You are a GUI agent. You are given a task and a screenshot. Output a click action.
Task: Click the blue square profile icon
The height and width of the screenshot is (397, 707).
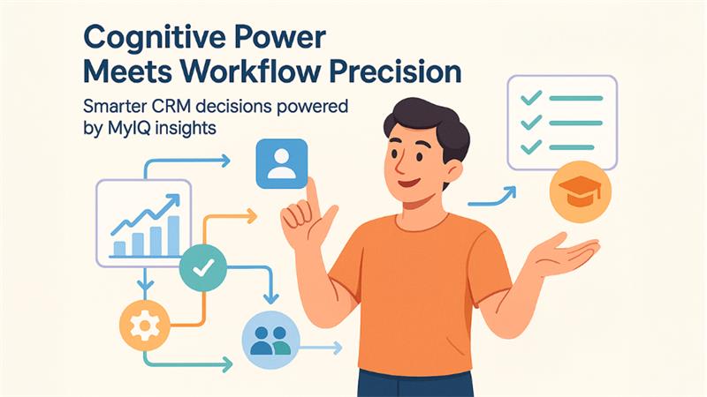pos(280,161)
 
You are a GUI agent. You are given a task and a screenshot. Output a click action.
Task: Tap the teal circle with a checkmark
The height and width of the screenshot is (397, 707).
pos(204,267)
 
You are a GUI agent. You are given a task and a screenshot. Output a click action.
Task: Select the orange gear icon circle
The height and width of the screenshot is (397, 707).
pos(142,325)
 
